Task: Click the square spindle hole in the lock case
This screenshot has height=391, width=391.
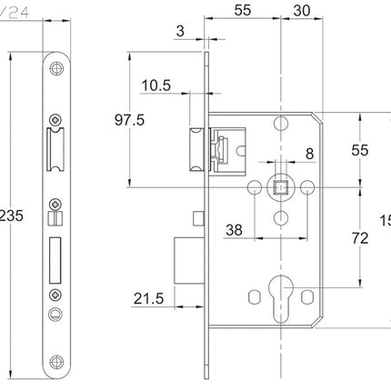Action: pos(280,187)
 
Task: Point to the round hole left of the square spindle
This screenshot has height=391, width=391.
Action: pos(253,187)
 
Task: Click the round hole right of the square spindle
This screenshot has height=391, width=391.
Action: pos(308,187)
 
